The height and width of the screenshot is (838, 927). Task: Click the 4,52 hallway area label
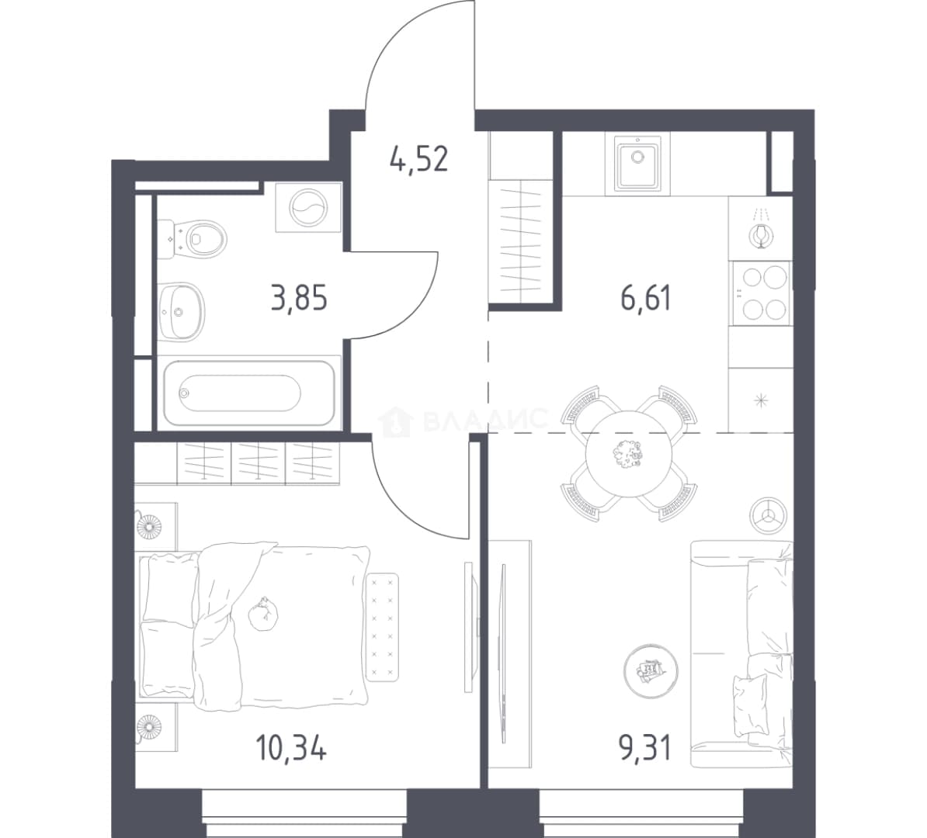419,159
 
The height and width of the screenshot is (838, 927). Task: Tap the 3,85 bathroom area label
299,299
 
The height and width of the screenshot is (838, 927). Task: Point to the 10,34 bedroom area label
291,749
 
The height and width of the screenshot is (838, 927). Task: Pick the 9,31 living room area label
646,749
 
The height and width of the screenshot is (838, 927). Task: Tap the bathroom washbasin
182,311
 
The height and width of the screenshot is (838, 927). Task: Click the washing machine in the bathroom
308,207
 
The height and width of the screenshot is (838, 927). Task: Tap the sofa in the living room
742,654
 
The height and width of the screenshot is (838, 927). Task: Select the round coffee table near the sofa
651,670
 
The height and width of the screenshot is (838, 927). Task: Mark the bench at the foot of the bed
383,626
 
